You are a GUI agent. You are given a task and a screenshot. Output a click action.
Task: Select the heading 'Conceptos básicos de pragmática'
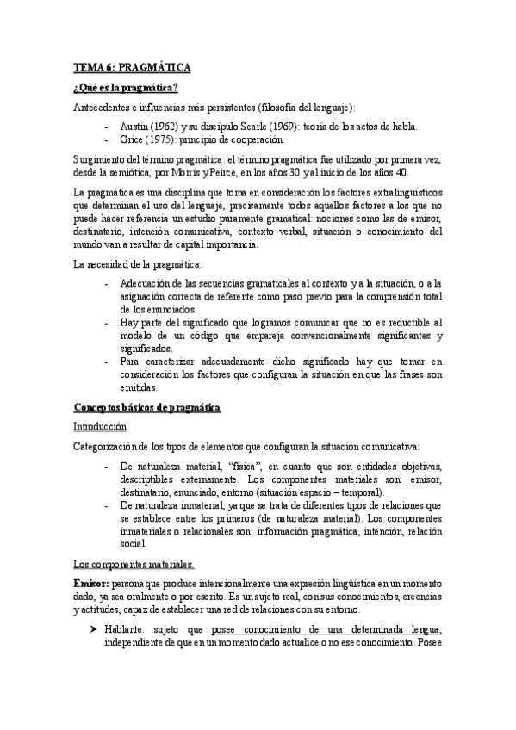pos(146,406)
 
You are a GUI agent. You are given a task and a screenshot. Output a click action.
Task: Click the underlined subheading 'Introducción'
pos(99,426)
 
